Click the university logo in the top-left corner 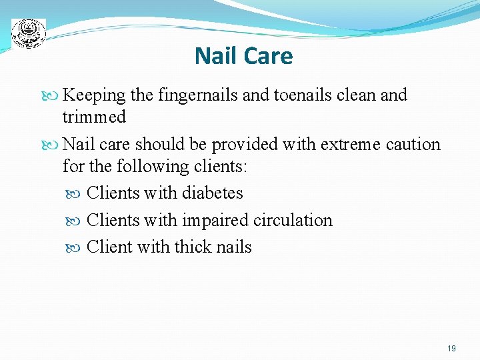29,32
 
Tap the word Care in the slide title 267,56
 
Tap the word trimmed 94,117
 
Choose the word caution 414,145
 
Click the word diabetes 212,193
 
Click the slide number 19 451,349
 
